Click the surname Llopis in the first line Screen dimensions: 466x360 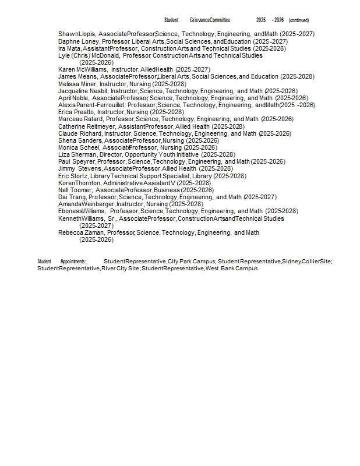coord(87,34)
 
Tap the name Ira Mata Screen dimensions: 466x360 coord(69,49)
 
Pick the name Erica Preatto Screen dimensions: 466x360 coord(76,112)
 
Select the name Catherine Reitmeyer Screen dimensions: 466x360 coord(86,126)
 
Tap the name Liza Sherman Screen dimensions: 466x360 coord(77,155)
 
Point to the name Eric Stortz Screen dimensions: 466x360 coord(73,176)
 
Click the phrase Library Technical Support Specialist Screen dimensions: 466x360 coord(150,176)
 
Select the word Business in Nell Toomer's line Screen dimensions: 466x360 coord(167,190)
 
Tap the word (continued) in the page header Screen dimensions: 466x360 coord(299,20)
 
